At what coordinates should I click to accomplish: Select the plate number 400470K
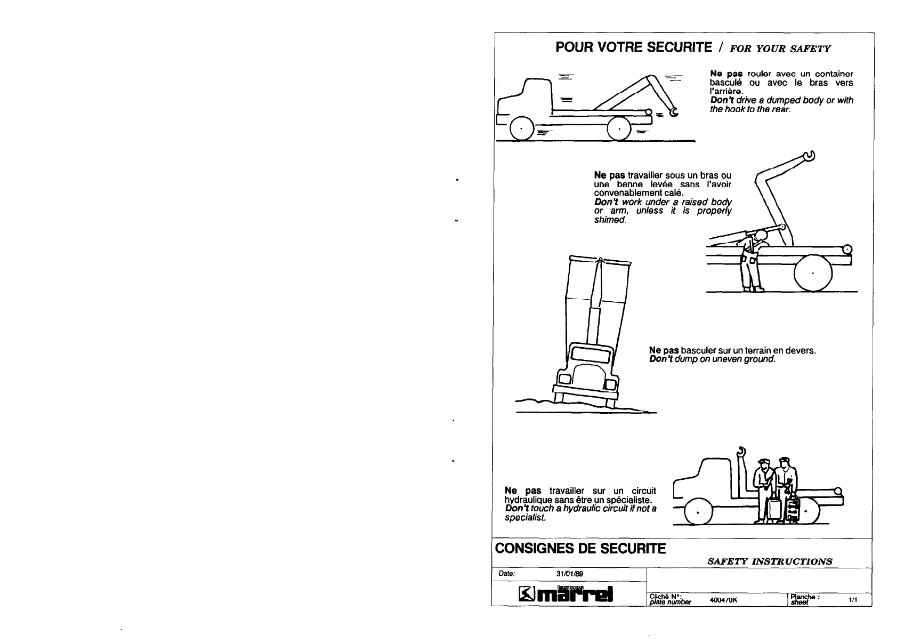(x=723, y=600)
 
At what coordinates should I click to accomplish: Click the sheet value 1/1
(x=853, y=600)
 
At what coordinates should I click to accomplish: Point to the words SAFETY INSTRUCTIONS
(x=769, y=561)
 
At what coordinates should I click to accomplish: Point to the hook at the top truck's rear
(x=674, y=112)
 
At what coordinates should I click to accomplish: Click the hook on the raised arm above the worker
(x=810, y=156)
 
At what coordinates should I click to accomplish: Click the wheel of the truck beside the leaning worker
(x=813, y=273)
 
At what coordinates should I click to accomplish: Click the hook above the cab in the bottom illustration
(x=741, y=452)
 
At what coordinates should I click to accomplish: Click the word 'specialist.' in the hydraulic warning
(x=152, y=518)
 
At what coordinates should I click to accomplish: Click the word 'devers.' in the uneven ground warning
(x=801, y=350)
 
